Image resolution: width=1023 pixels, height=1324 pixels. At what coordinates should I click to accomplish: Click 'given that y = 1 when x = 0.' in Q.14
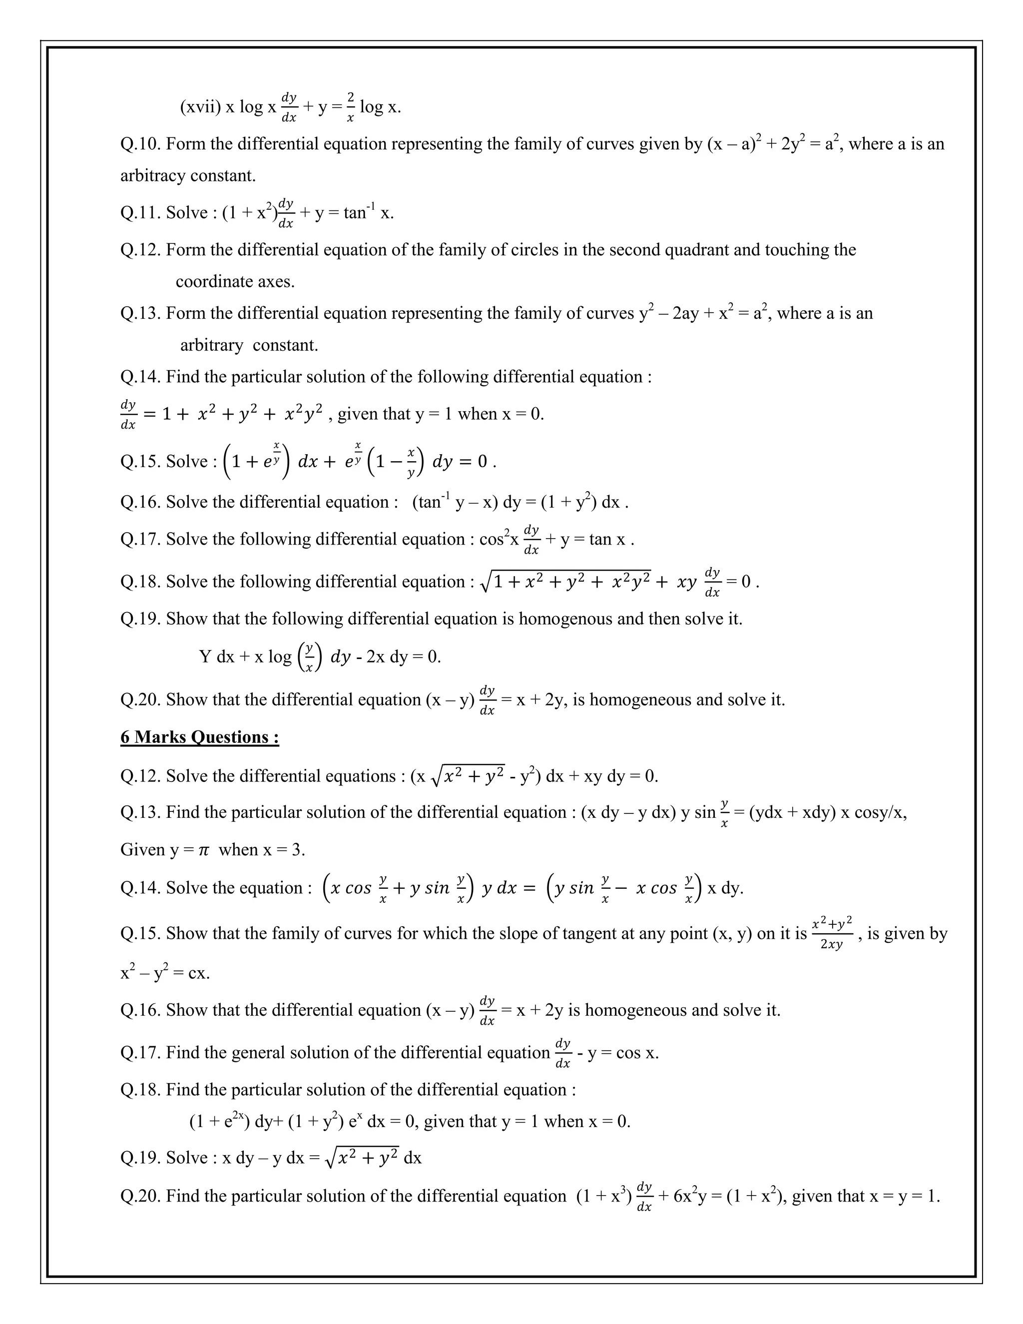[x=441, y=414]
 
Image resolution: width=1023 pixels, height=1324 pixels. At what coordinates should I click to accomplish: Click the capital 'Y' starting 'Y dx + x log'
[x=205, y=657]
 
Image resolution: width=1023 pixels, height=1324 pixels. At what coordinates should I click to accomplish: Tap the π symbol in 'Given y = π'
[x=204, y=850]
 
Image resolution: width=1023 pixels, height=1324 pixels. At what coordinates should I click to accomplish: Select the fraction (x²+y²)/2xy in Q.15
[x=832, y=934]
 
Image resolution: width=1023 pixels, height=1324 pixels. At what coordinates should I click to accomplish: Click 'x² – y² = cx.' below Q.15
[x=165, y=974]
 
